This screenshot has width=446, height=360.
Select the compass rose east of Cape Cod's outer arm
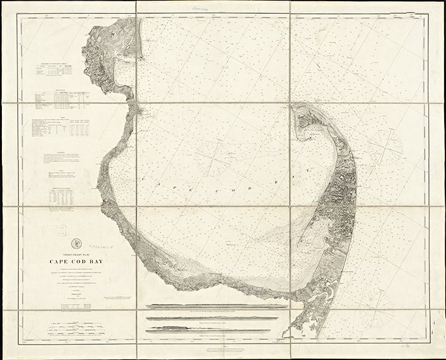pos(385,150)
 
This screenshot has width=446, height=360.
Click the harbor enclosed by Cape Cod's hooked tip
pos(315,129)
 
